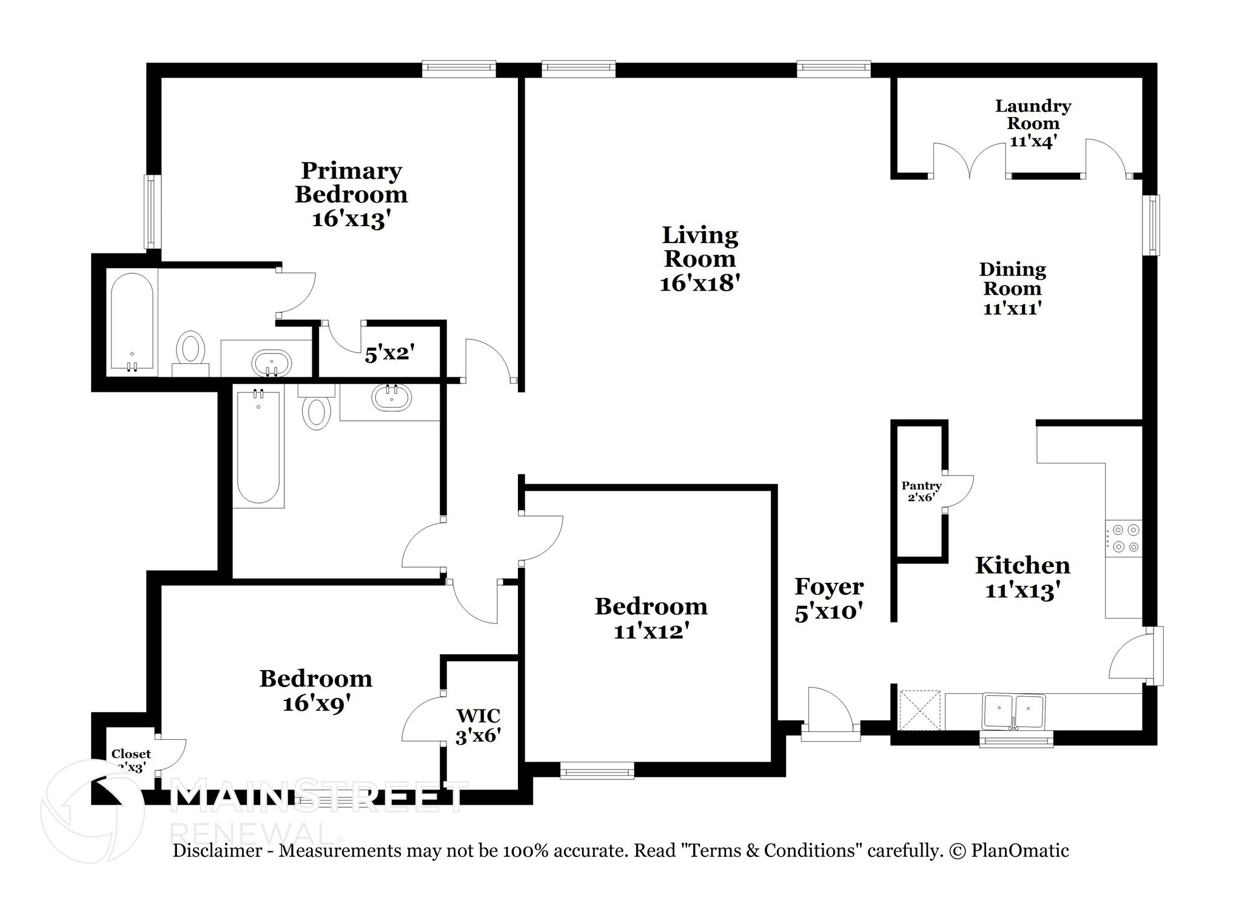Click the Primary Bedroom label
coord(351,183)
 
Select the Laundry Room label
coord(1033,115)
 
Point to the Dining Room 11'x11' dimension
coord(1012,308)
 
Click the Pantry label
coord(921,486)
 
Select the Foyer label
coord(829,587)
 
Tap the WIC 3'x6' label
coord(478,725)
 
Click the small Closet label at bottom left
coord(130,754)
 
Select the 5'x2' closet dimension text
coord(389,354)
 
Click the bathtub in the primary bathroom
coord(132,323)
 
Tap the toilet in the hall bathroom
coord(316,410)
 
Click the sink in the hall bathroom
coord(392,398)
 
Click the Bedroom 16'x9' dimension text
coord(317,703)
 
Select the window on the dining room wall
coord(1150,224)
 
